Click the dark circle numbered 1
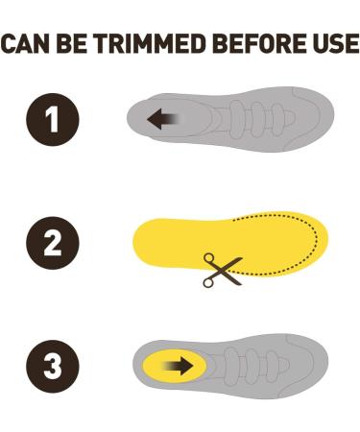pos(53,119)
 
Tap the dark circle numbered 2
pos(53,243)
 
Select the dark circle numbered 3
pos(53,366)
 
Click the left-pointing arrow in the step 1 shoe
pos(160,119)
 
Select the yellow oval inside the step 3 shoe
pos(173,366)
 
